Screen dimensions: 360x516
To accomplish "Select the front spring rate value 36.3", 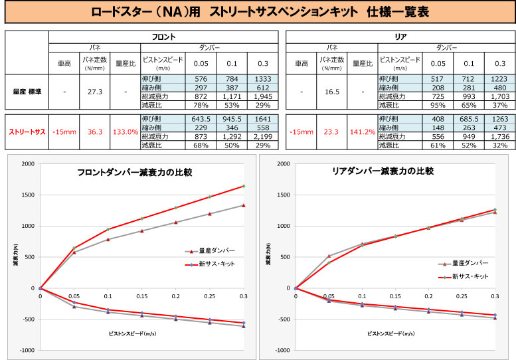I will point(94,132).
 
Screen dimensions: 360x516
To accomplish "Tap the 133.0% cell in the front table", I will point(125,132).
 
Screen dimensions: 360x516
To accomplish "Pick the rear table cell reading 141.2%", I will point(363,132).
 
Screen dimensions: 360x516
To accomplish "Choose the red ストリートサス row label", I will point(27,132).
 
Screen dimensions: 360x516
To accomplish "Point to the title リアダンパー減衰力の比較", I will point(383,171).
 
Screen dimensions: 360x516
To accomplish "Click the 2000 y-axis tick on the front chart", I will point(28,163).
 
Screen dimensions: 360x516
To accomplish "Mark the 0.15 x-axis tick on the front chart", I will point(141,296).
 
